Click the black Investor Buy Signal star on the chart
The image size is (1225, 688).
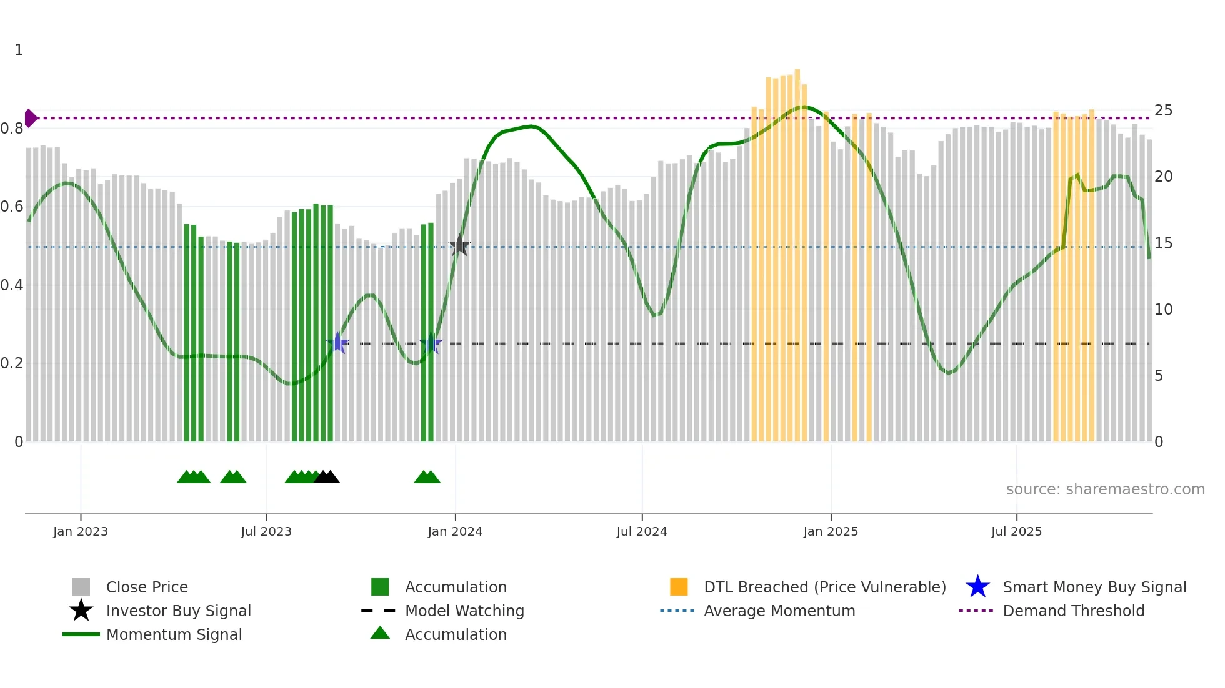pos(459,246)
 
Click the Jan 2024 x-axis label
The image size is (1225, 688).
pos(455,531)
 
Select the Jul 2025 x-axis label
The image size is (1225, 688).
pos(1016,531)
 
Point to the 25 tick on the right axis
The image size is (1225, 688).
pos(1163,111)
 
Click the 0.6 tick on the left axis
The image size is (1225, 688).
pos(12,207)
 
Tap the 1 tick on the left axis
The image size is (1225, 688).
pos(19,50)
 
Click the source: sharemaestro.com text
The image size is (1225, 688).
pos(1105,489)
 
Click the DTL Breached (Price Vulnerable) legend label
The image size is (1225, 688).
pos(824,587)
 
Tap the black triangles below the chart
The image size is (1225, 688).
pos(327,477)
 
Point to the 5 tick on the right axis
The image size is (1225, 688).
pos(1159,376)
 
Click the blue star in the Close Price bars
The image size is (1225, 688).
pos(337,343)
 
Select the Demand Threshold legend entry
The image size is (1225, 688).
pos(1073,611)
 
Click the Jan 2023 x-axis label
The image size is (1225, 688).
pos(81,531)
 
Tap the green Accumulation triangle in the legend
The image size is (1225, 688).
pos(380,634)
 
